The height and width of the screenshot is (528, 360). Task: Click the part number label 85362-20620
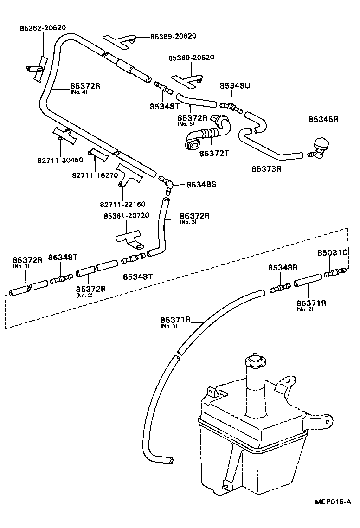[43, 28]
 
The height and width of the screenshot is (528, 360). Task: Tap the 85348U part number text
[235, 86]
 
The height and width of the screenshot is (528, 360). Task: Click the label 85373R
[267, 168]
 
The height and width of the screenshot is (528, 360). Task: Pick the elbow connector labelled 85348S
[167, 184]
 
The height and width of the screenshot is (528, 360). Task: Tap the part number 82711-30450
[61, 160]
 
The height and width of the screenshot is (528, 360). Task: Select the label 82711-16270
[94, 175]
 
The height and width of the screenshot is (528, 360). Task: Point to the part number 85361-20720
[126, 216]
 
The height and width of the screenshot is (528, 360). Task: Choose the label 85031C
[333, 253]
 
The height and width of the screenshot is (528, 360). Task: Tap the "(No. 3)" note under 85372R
[187, 222]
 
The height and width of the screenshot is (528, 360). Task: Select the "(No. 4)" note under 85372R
[78, 92]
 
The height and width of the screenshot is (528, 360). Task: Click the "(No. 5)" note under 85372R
[186, 124]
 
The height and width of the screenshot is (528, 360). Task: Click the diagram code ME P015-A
[331, 515]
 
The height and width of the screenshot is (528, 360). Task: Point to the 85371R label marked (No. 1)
[176, 320]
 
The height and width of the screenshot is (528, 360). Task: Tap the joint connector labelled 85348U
[231, 107]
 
